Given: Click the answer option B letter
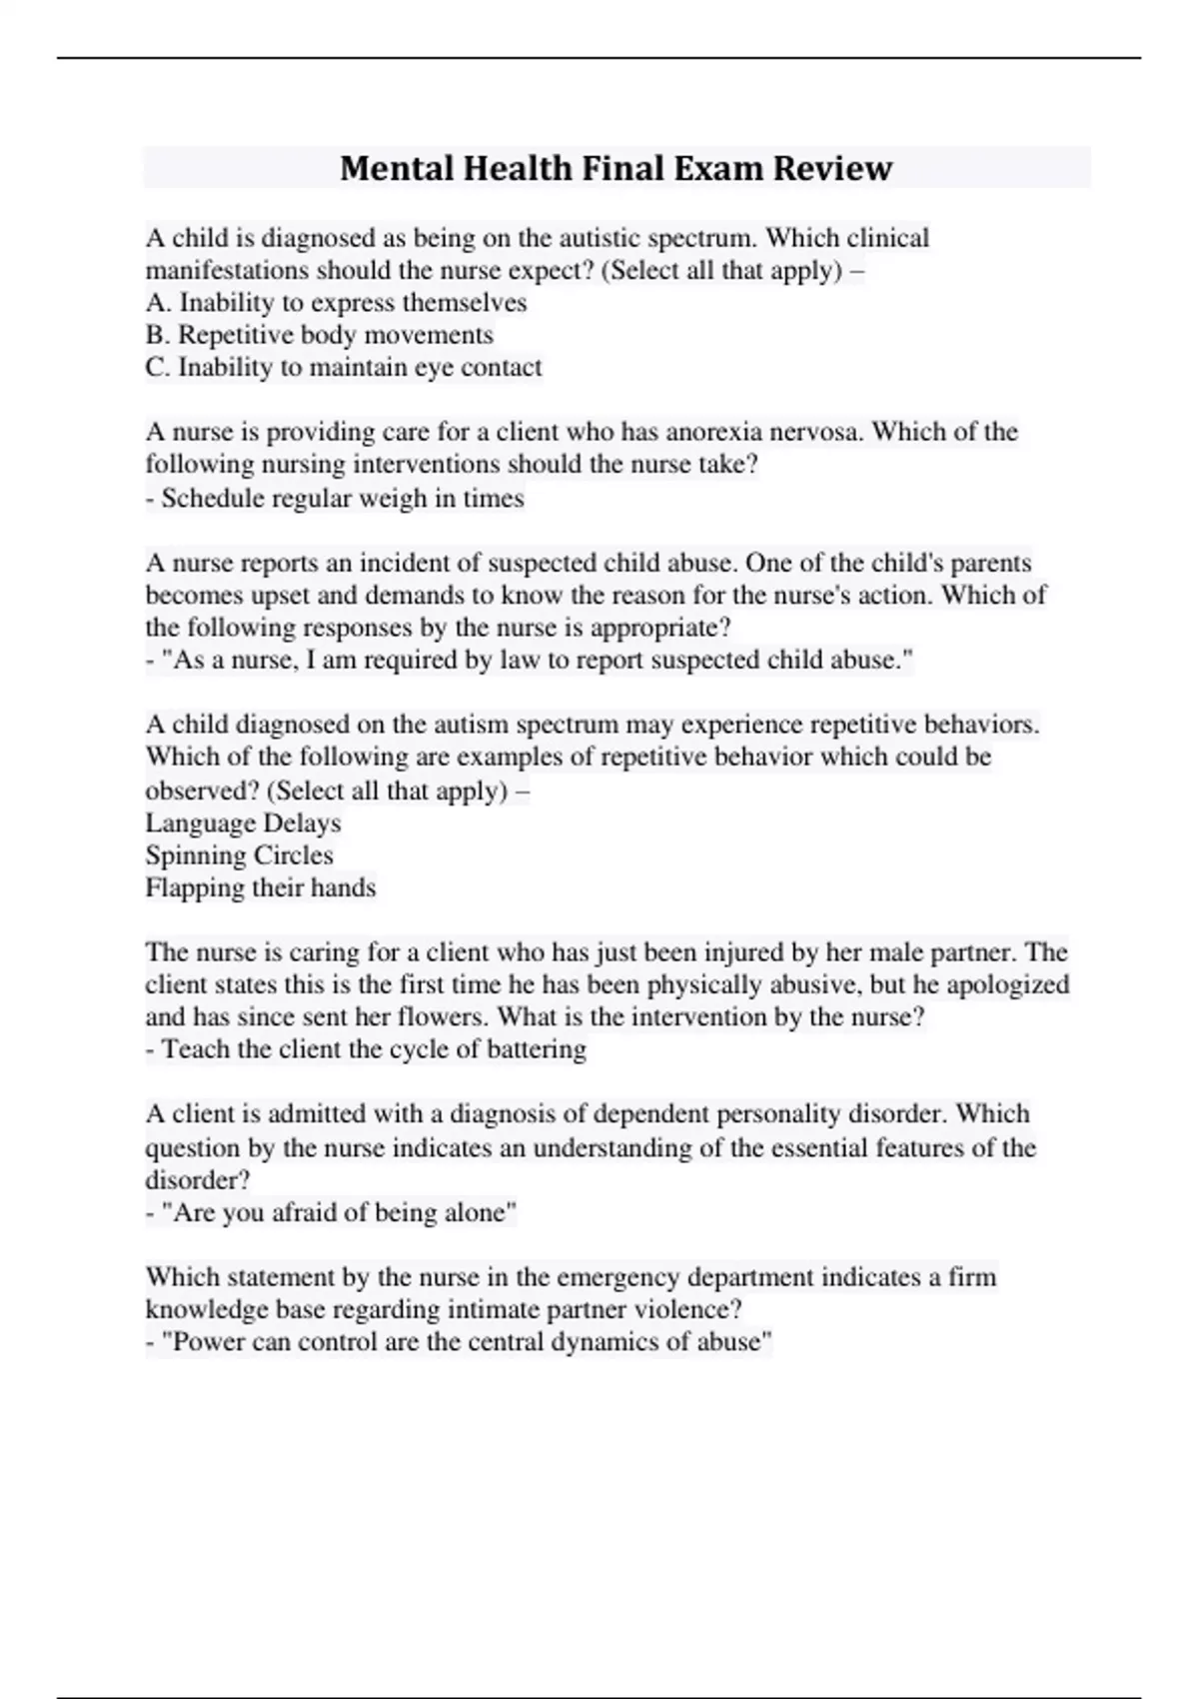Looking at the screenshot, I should tap(157, 335).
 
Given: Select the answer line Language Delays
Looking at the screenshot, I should tap(243, 824).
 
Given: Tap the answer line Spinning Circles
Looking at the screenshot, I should tap(239, 855).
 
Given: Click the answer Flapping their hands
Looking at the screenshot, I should tap(260, 887).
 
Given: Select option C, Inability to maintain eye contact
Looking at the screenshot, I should tap(343, 368).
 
